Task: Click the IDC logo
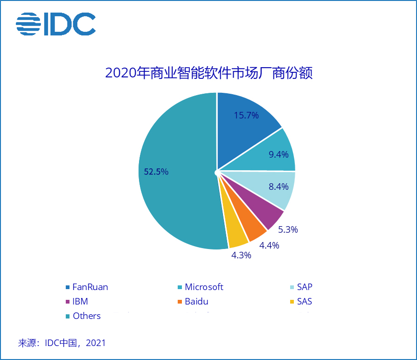coord(56,23)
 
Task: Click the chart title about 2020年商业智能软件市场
coord(208,73)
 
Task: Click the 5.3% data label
coord(288,229)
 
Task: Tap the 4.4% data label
coord(270,245)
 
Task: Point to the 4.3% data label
coord(241,255)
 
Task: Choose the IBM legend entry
coord(77,301)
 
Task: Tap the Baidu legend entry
coord(194,301)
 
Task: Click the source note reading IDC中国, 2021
coord(62,343)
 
